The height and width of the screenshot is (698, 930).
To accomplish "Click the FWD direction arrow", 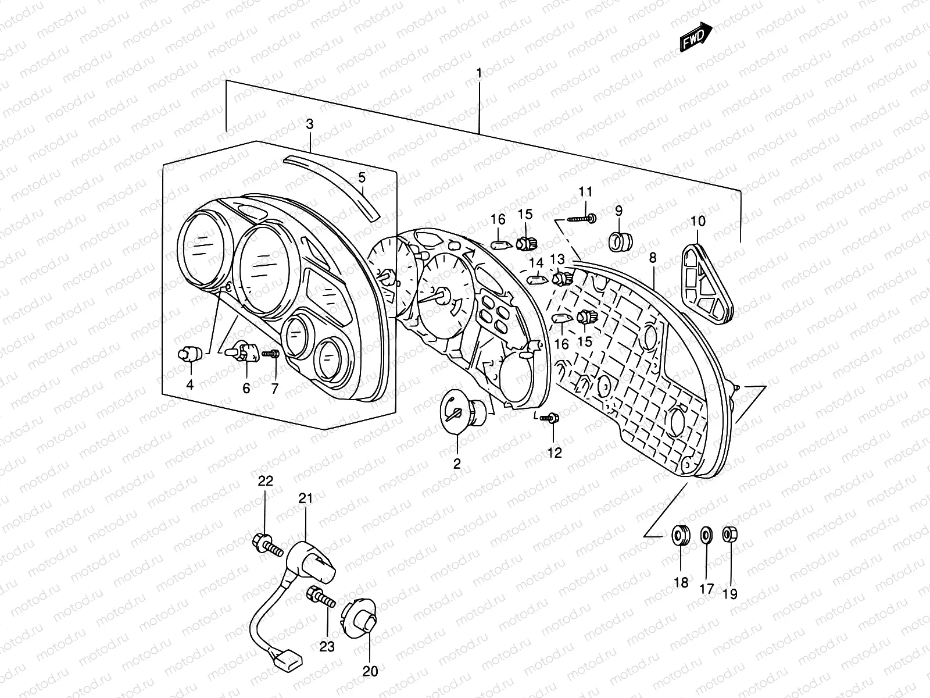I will point(696,37).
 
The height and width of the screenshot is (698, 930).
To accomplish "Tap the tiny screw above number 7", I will point(271,352).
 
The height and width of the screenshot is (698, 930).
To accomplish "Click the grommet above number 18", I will point(681,535).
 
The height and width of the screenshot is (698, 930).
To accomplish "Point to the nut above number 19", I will point(729,533).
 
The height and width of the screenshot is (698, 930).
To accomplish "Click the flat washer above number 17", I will point(706,534).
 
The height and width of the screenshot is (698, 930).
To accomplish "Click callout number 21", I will point(306,498).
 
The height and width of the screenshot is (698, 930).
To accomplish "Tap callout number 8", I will point(653,257).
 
